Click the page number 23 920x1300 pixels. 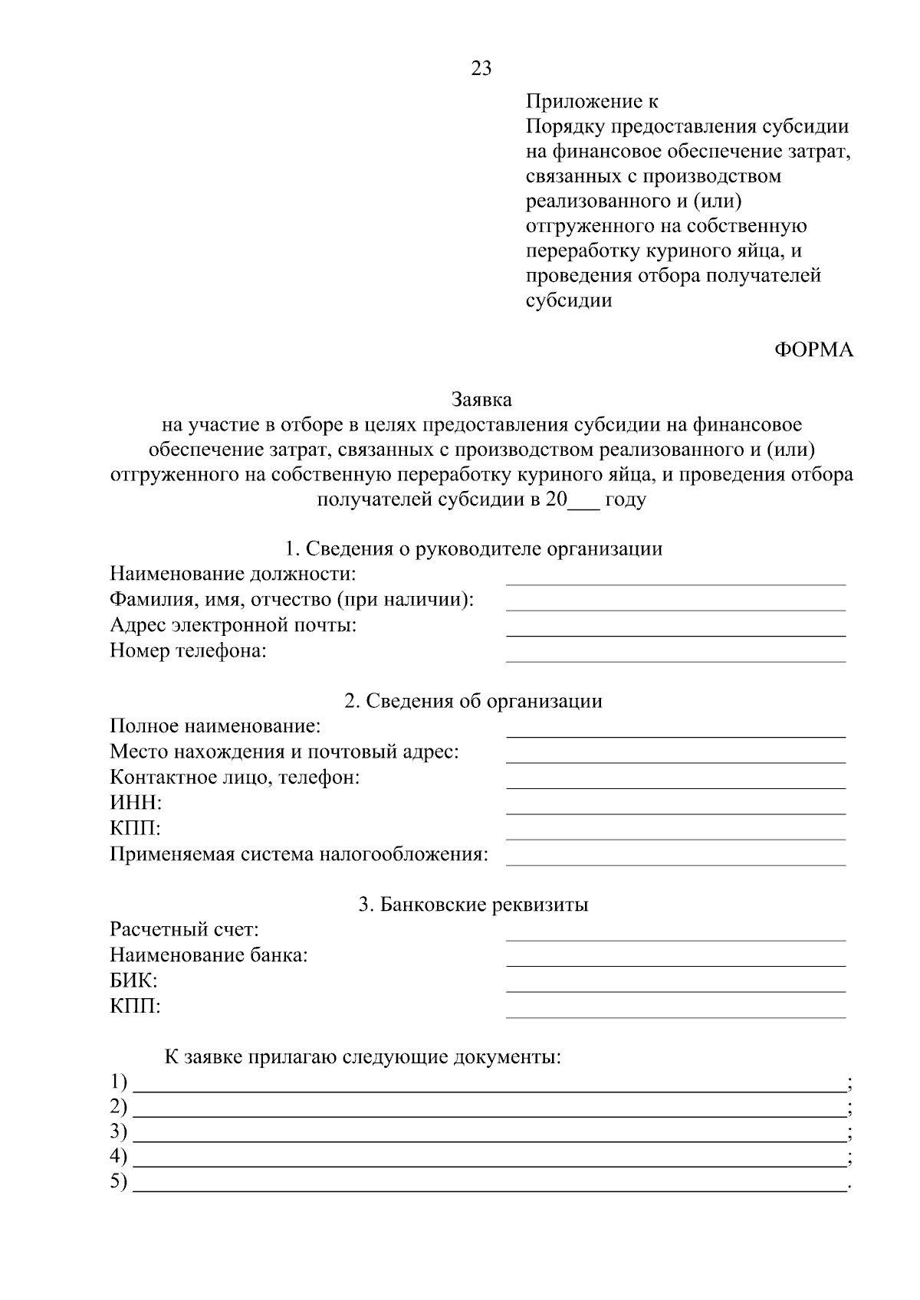click(x=481, y=69)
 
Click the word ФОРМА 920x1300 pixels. click(x=813, y=350)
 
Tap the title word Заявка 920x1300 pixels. click(x=481, y=399)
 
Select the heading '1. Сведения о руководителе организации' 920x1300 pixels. click(x=473, y=548)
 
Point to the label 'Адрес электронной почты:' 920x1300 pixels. click(x=233, y=625)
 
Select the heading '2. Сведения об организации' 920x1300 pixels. click(x=473, y=701)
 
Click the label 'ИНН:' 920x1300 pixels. click(x=136, y=803)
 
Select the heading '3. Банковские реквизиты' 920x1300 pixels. click(x=473, y=905)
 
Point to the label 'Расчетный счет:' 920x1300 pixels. click(x=184, y=930)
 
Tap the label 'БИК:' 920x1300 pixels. click(x=134, y=981)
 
